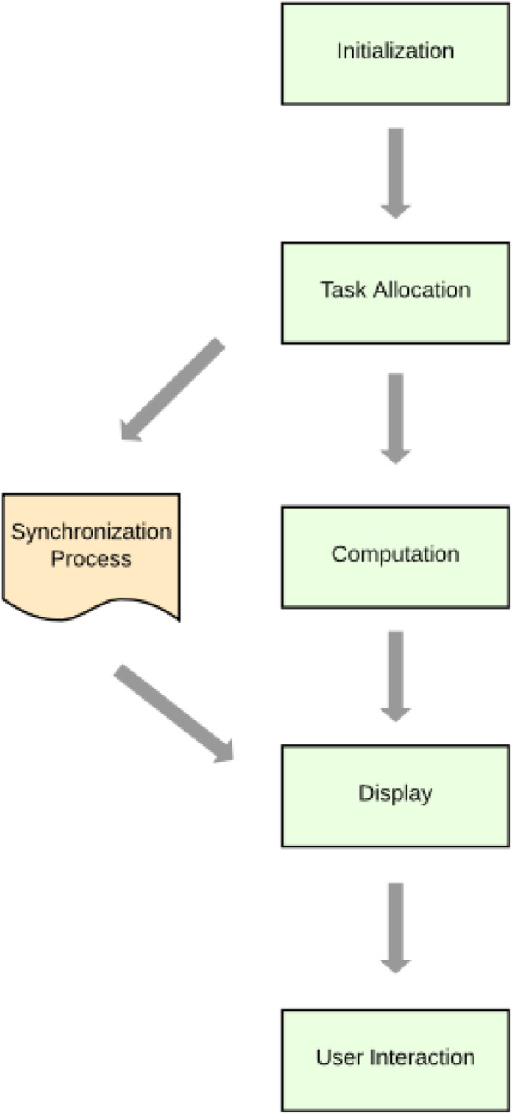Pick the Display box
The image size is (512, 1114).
pos(395,795)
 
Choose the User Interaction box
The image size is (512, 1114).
pos(395,1059)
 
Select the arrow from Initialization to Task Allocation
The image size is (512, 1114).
pos(395,172)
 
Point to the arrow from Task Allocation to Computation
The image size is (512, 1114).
pos(395,418)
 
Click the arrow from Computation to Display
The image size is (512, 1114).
pos(395,675)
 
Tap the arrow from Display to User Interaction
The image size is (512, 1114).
pos(395,927)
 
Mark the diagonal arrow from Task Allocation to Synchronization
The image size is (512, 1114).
pos(172,389)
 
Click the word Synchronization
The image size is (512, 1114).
pos(91,532)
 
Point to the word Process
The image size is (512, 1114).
pos(91,560)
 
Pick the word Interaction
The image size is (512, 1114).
pos(422,1058)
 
